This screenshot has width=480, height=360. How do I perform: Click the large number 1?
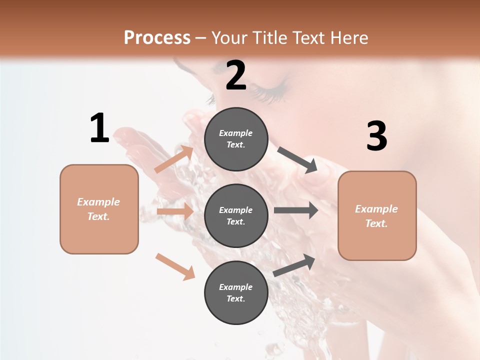99,128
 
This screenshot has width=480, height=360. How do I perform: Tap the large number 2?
236,75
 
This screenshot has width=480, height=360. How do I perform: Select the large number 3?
376,136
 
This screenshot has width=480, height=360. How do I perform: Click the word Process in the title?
157,38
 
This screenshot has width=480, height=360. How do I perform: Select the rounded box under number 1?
99,209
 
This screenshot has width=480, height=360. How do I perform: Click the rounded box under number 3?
377,216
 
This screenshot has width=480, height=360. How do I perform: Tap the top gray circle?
236,139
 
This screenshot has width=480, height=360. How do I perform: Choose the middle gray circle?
236,215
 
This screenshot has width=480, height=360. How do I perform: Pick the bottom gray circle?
236,292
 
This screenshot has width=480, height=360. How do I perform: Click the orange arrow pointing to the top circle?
174,159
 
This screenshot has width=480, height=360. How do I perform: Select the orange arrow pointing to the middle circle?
175,211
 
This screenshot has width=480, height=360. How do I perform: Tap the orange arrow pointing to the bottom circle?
175,266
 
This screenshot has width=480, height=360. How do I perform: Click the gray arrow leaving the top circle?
297,160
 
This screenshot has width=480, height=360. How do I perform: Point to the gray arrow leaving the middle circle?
296,210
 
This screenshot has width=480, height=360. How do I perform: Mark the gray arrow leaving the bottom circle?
294,265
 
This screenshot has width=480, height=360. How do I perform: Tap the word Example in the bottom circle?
236,287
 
